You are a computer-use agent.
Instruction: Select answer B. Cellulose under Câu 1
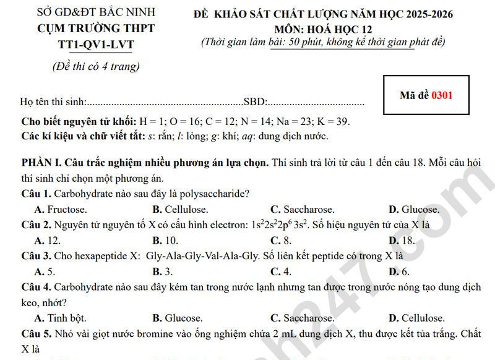pos(180,209)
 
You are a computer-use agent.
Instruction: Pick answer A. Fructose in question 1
pos(61,209)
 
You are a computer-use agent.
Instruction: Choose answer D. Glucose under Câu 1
pos(413,209)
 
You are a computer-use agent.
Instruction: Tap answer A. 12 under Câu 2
pos(48,241)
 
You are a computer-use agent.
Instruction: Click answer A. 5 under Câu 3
pos(45,272)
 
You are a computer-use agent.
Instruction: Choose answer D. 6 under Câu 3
pos(399,272)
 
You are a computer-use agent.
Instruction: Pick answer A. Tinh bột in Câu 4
pos(61,319)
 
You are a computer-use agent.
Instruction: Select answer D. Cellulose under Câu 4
pos(416,319)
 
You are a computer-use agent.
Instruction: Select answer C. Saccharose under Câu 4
pos(302,319)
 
